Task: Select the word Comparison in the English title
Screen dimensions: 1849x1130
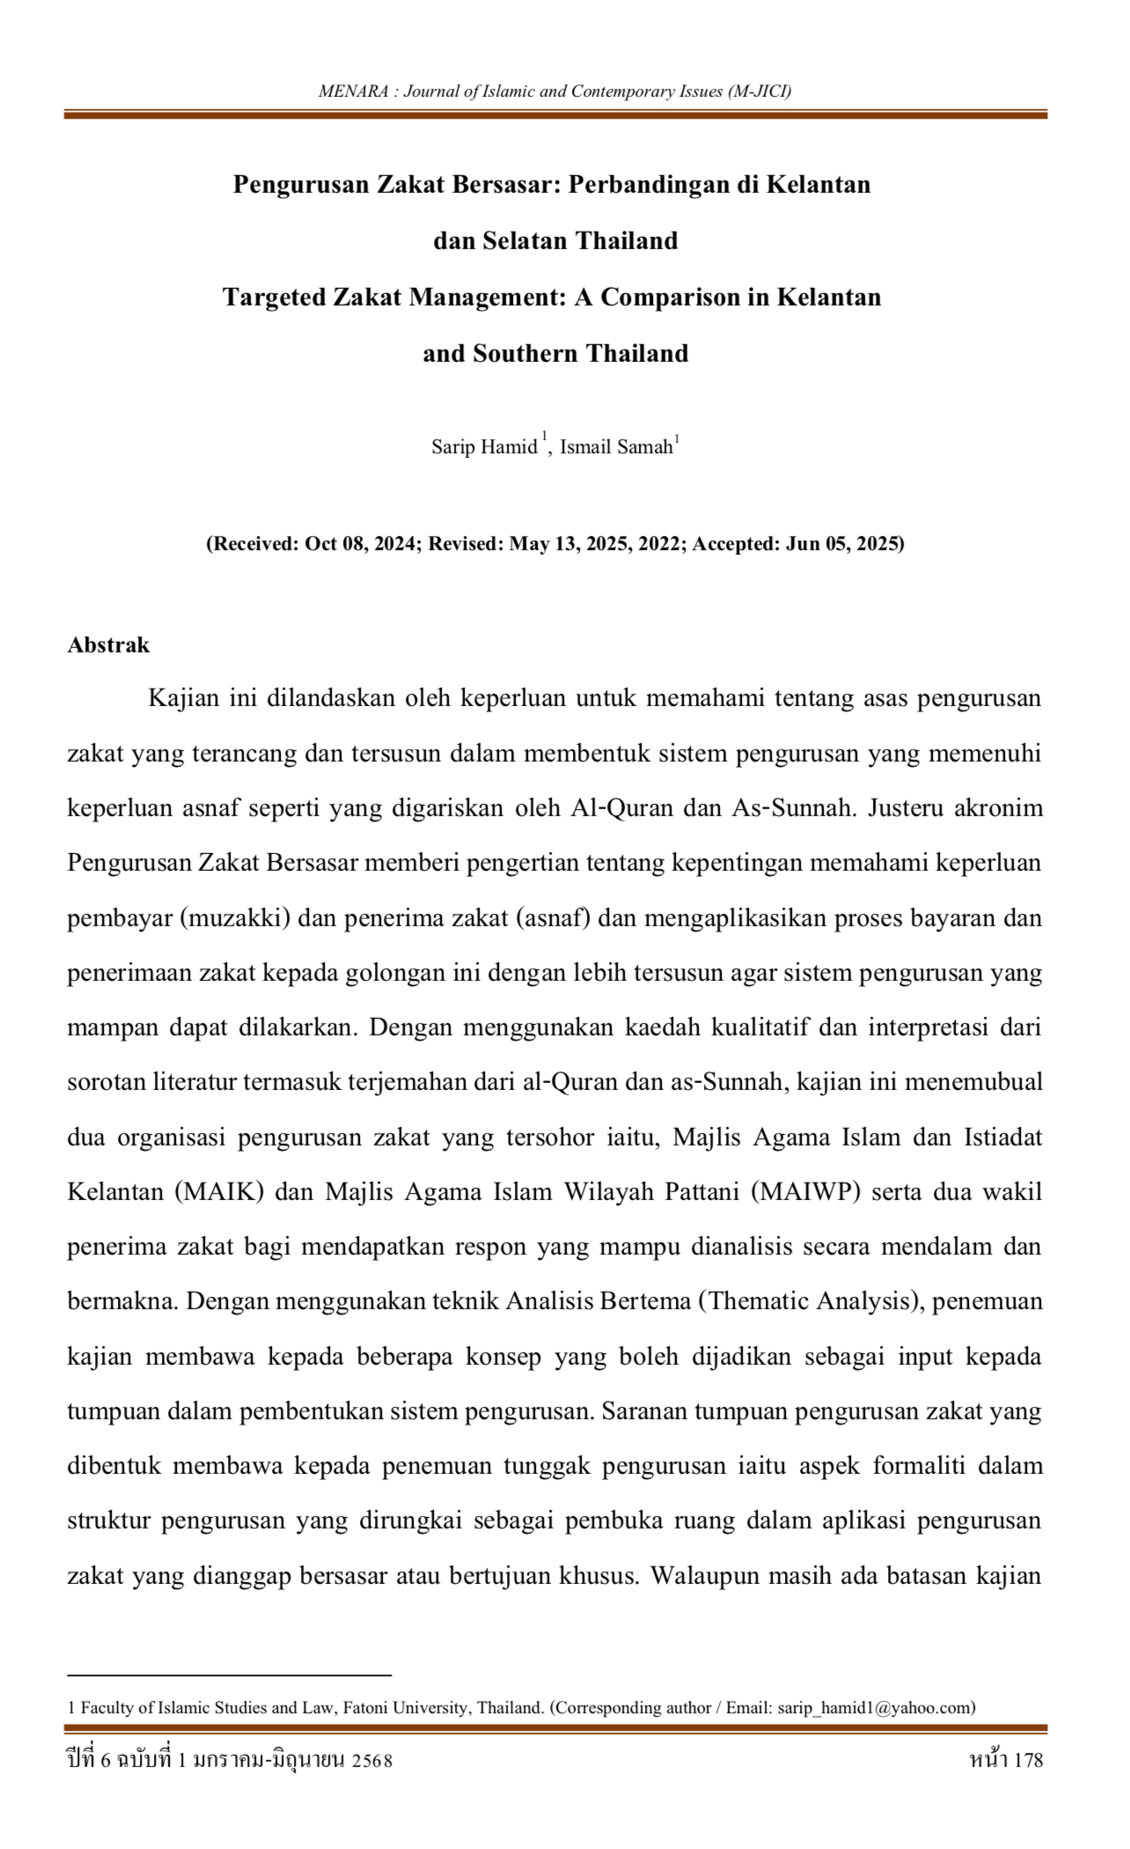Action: click(671, 297)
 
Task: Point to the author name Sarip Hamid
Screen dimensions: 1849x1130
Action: click(484, 446)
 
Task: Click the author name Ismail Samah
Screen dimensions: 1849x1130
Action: click(616, 446)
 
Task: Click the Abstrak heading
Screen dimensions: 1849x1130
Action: click(108, 645)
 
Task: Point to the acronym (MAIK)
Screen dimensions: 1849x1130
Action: click(219, 1191)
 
